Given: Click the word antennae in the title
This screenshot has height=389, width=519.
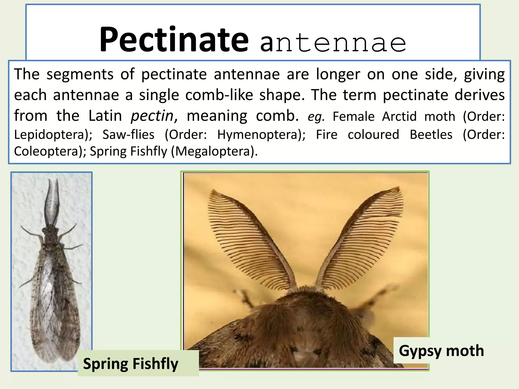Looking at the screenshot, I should tap(333, 43).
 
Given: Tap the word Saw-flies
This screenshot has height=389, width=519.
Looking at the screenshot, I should tap(128, 134).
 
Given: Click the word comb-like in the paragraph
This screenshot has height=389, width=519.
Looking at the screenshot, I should tap(219, 95).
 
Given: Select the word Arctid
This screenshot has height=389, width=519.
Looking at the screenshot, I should tap(399, 116).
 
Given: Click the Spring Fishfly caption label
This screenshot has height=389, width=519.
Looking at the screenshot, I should tap(131, 364).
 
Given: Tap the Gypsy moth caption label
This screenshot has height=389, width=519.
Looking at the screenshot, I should tap(441, 351).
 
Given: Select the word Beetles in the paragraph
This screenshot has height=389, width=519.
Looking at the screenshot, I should tap(431, 134).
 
